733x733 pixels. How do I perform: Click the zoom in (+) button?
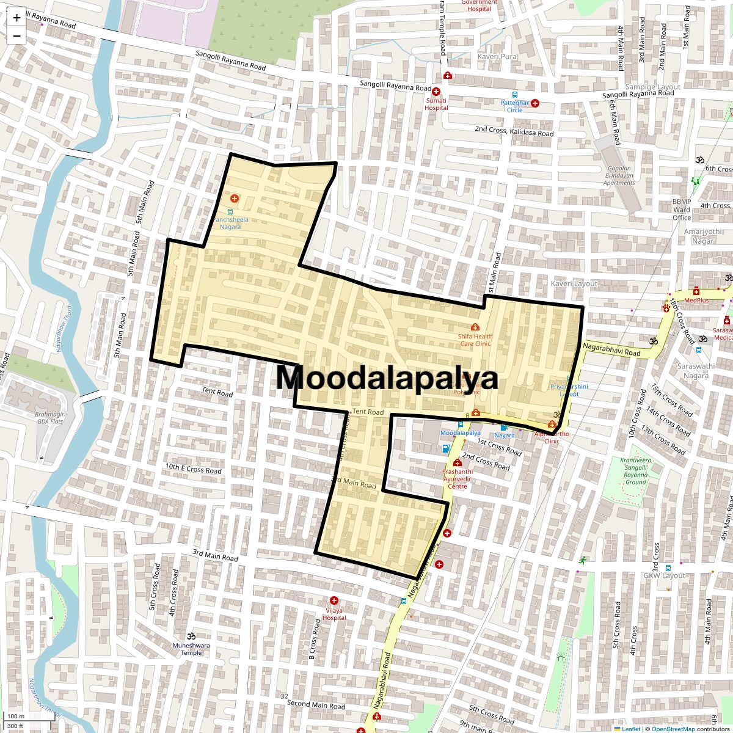(x=16, y=18)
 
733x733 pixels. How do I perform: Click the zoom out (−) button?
(x=16, y=36)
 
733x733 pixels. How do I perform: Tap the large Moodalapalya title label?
(x=387, y=378)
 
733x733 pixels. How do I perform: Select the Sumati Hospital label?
(x=436, y=104)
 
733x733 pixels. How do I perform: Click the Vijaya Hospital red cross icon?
(x=334, y=601)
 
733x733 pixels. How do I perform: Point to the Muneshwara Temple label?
(x=191, y=649)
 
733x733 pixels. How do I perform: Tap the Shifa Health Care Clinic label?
(x=475, y=340)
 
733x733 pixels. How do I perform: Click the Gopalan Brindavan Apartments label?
(x=619, y=175)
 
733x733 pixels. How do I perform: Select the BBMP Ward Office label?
(x=682, y=210)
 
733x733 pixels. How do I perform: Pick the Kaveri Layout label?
(x=574, y=284)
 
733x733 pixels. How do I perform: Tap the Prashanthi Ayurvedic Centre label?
(x=458, y=479)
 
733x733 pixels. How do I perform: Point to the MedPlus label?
(x=696, y=301)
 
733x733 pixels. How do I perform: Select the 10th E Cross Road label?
(x=193, y=469)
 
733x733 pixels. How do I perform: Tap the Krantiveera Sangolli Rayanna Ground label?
(x=636, y=471)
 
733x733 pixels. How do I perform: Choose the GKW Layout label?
(x=665, y=575)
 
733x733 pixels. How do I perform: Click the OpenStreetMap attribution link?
(x=673, y=729)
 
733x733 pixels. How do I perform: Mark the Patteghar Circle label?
(x=514, y=106)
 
